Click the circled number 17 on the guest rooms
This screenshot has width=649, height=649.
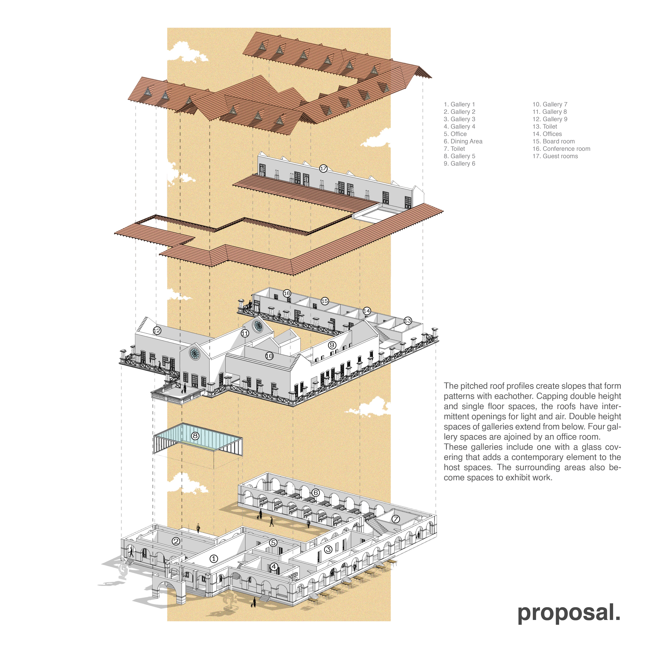pyautogui.click(x=323, y=169)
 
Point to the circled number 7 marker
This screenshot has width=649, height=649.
pyautogui.click(x=396, y=519)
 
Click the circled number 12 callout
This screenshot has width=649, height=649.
pyautogui.click(x=157, y=331)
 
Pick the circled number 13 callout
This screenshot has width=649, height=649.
pyautogui.click(x=407, y=321)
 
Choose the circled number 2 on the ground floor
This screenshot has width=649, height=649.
pyautogui.click(x=176, y=541)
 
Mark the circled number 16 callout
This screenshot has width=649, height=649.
pyautogui.click(x=287, y=293)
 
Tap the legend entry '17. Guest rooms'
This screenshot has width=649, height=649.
pyautogui.click(x=555, y=156)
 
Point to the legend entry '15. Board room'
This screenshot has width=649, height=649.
pyautogui.click(x=553, y=141)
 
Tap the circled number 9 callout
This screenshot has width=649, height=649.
pyautogui.click(x=332, y=345)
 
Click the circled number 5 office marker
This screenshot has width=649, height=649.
pyautogui.click(x=273, y=542)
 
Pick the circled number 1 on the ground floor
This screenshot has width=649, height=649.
pyautogui.click(x=214, y=559)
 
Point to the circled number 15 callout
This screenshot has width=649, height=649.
pyautogui.click(x=324, y=301)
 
